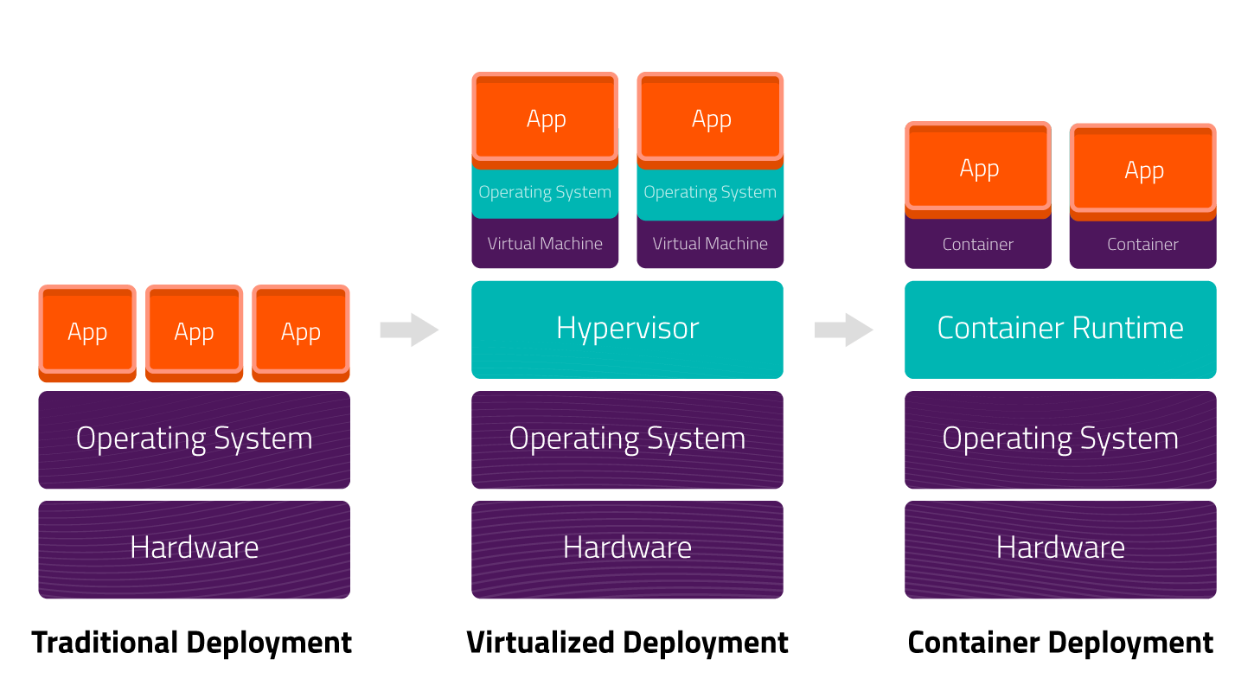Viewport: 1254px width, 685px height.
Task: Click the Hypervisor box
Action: pos(627,330)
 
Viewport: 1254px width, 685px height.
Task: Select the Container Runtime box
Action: pos(1060,330)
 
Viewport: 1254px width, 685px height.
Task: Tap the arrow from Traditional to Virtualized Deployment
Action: pos(409,330)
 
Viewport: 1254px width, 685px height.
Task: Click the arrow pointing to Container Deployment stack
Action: pos(844,330)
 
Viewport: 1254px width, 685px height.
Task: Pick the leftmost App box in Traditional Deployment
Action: pos(87,333)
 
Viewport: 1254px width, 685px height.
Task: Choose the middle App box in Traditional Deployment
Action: pos(195,333)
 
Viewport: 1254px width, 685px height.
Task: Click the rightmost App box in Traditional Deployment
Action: pos(301,333)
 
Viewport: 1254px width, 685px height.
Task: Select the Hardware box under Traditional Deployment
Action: pos(195,549)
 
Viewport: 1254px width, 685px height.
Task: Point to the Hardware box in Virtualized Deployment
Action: pos(627,549)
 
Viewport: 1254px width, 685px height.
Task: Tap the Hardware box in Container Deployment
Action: pos(1060,549)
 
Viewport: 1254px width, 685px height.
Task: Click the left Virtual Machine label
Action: pos(545,243)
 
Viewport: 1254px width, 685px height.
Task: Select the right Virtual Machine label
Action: pos(710,243)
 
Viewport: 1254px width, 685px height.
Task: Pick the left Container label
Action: pos(978,244)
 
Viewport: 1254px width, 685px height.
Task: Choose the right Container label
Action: pos(1142,244)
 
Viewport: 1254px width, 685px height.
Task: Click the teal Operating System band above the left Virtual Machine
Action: pos(545,192)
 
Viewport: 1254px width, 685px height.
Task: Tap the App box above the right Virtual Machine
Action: pos(710,120)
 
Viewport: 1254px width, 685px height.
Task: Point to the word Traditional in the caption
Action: pos(106,642)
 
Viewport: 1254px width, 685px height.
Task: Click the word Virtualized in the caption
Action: pos(541,642)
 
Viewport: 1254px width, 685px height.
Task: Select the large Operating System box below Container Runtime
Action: pos(1060,440)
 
